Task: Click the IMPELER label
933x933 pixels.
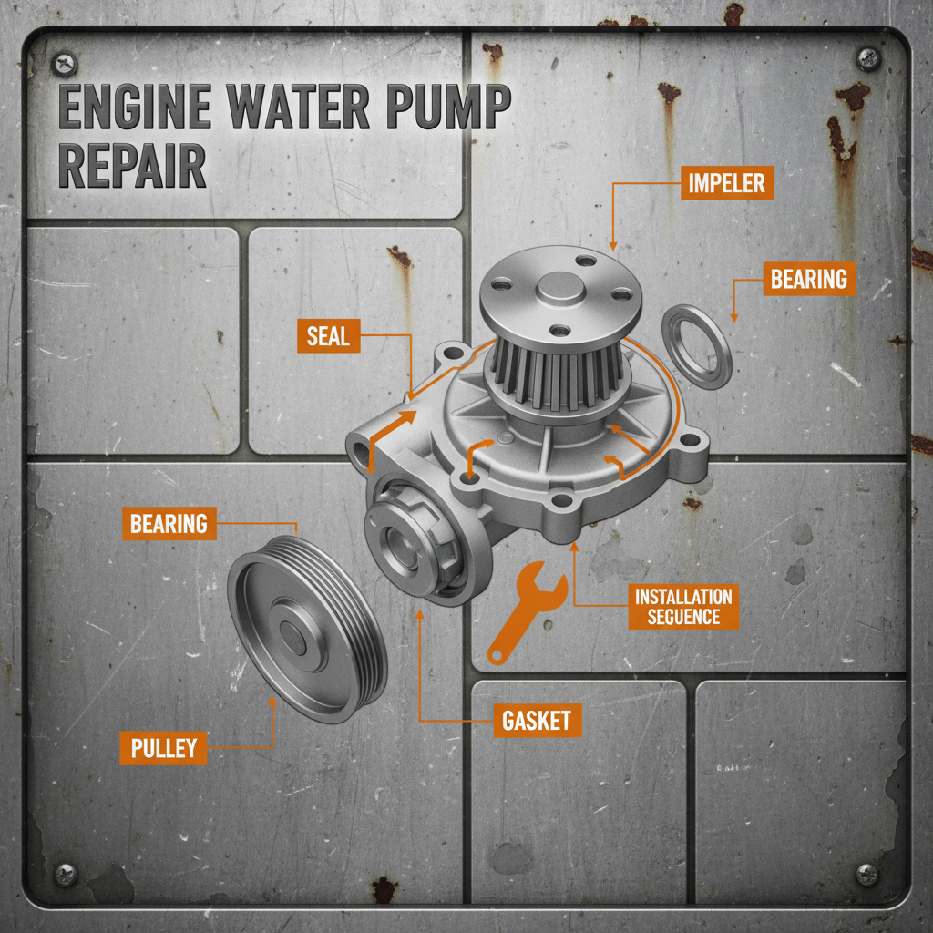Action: (726, 182)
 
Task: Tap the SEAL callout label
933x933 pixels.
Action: (328, 336)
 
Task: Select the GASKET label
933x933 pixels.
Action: (537, 721)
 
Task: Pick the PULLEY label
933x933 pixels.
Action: (164, 748)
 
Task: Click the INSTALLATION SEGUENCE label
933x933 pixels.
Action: (683, 607)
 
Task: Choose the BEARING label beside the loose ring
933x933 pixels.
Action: (808, 279)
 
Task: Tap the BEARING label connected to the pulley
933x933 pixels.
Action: (169, 524)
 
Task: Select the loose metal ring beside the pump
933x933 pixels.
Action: (696, 346)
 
